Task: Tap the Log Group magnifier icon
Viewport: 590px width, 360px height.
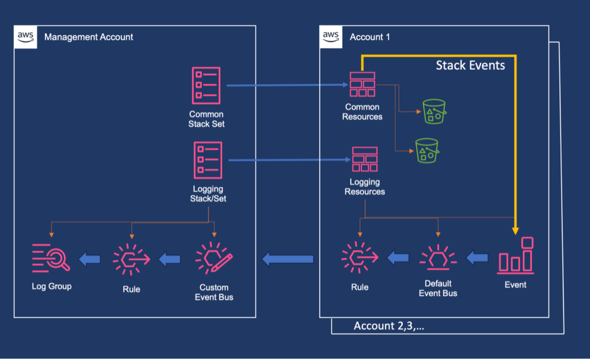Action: pyautogui.click(x=51, y=257)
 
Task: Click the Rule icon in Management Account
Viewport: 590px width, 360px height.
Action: pyautogui.click(x=131, y=259)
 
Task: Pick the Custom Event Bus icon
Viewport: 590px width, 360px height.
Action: pyautogui.click(x=214, y=257)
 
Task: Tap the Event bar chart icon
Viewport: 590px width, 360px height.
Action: pyautogui.click(x=516, y=256)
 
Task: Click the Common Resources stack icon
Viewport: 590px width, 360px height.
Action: pyautogui.click(x=362, y=85)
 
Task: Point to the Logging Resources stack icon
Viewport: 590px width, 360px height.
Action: pyautogui.click(x=365, y=160)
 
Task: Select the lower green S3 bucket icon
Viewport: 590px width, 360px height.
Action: pyautogui.click(x=427, y=151)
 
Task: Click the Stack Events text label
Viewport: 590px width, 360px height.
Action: pyautogui.click(x=470, y=65)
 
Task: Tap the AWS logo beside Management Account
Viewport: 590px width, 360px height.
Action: pyautogui.click(x=25, y=36)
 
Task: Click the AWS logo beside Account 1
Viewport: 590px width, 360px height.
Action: pyautogui.click(x=331, y=36)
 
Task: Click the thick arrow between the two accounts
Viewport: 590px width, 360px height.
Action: pyautogui.click(x=288, y=259)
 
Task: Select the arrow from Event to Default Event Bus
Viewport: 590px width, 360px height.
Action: pyautogui.click(x=476, y=257)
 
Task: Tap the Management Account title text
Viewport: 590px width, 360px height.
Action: pyautogui.click(x=89, y=37)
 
